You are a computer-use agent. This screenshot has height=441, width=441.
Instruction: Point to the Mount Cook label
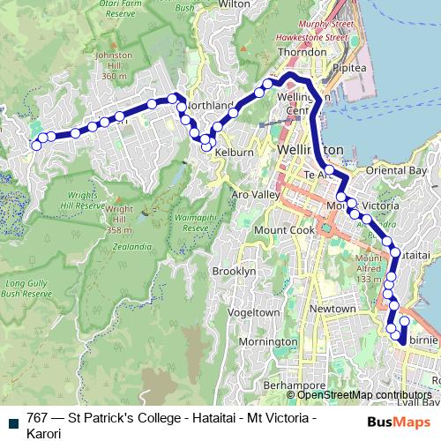(284, 230)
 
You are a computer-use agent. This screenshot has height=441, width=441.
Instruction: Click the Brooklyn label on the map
(234, 272)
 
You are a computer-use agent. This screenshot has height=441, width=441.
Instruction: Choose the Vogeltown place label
(253, 312)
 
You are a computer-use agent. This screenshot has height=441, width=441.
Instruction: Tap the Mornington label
(268, 341)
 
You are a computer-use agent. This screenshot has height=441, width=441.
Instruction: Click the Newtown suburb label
(333, 309)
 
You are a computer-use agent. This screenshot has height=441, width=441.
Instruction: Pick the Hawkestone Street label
(295, 38)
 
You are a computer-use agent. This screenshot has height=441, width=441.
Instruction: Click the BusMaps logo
(397, 422)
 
